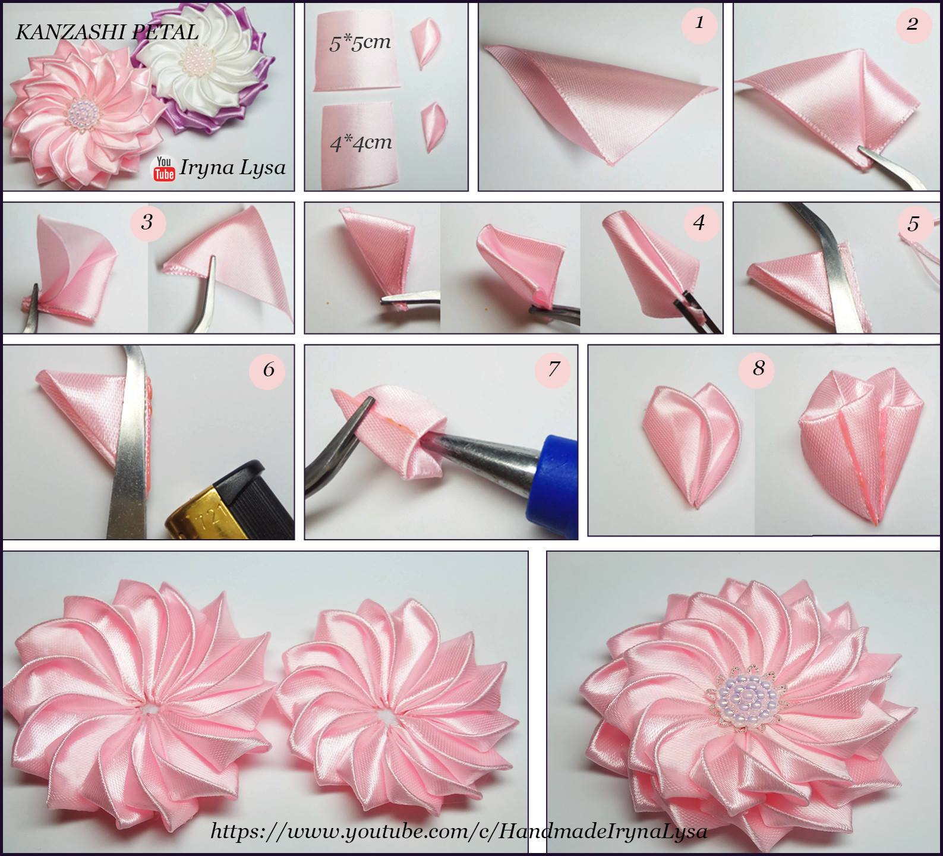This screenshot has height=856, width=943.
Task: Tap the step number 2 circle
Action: click(912, 24)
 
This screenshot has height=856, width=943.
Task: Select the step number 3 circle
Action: click(147, 222)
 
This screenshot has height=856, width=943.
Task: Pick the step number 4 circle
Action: click(699, 222)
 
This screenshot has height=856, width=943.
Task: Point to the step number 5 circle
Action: click(913, 223)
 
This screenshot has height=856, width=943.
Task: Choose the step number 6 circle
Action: click(269, 370)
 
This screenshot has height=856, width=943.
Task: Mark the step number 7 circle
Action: click(553, 369)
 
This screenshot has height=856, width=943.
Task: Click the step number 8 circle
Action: click(758, 368)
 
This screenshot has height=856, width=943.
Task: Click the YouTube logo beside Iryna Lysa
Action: click(165, 168)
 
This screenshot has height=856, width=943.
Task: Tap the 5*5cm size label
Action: click(360, 43)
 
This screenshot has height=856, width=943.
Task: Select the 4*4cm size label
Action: click(361, 143)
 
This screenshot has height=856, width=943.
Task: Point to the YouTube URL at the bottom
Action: click(459, 830)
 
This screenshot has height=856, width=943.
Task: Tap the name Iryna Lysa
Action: click(232, 168)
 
